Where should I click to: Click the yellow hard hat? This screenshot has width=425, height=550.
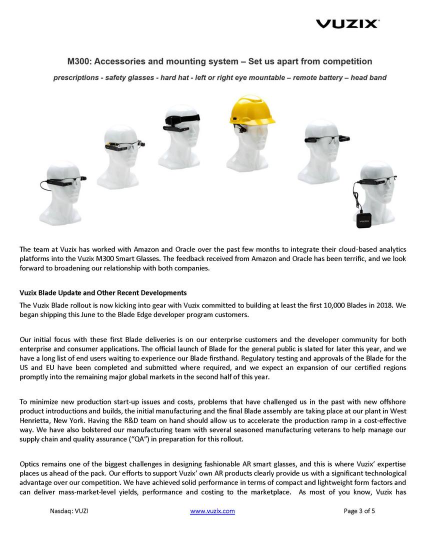tap(252, 111)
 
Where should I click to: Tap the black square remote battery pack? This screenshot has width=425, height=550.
tap(363, 219)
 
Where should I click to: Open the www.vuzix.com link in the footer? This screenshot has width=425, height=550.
tap(212, 511)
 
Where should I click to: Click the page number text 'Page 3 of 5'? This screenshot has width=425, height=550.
tap(359, 511)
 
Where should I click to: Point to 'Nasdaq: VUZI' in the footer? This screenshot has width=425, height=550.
tap(69, 511)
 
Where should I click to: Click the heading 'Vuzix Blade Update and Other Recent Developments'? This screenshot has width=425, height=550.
tap(103, 292)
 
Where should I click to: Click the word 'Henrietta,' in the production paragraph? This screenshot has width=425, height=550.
tap(35, 420)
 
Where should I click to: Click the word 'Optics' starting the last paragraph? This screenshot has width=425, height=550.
tap(30, 464)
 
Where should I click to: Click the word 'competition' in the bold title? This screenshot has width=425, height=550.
tap(347, 61)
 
